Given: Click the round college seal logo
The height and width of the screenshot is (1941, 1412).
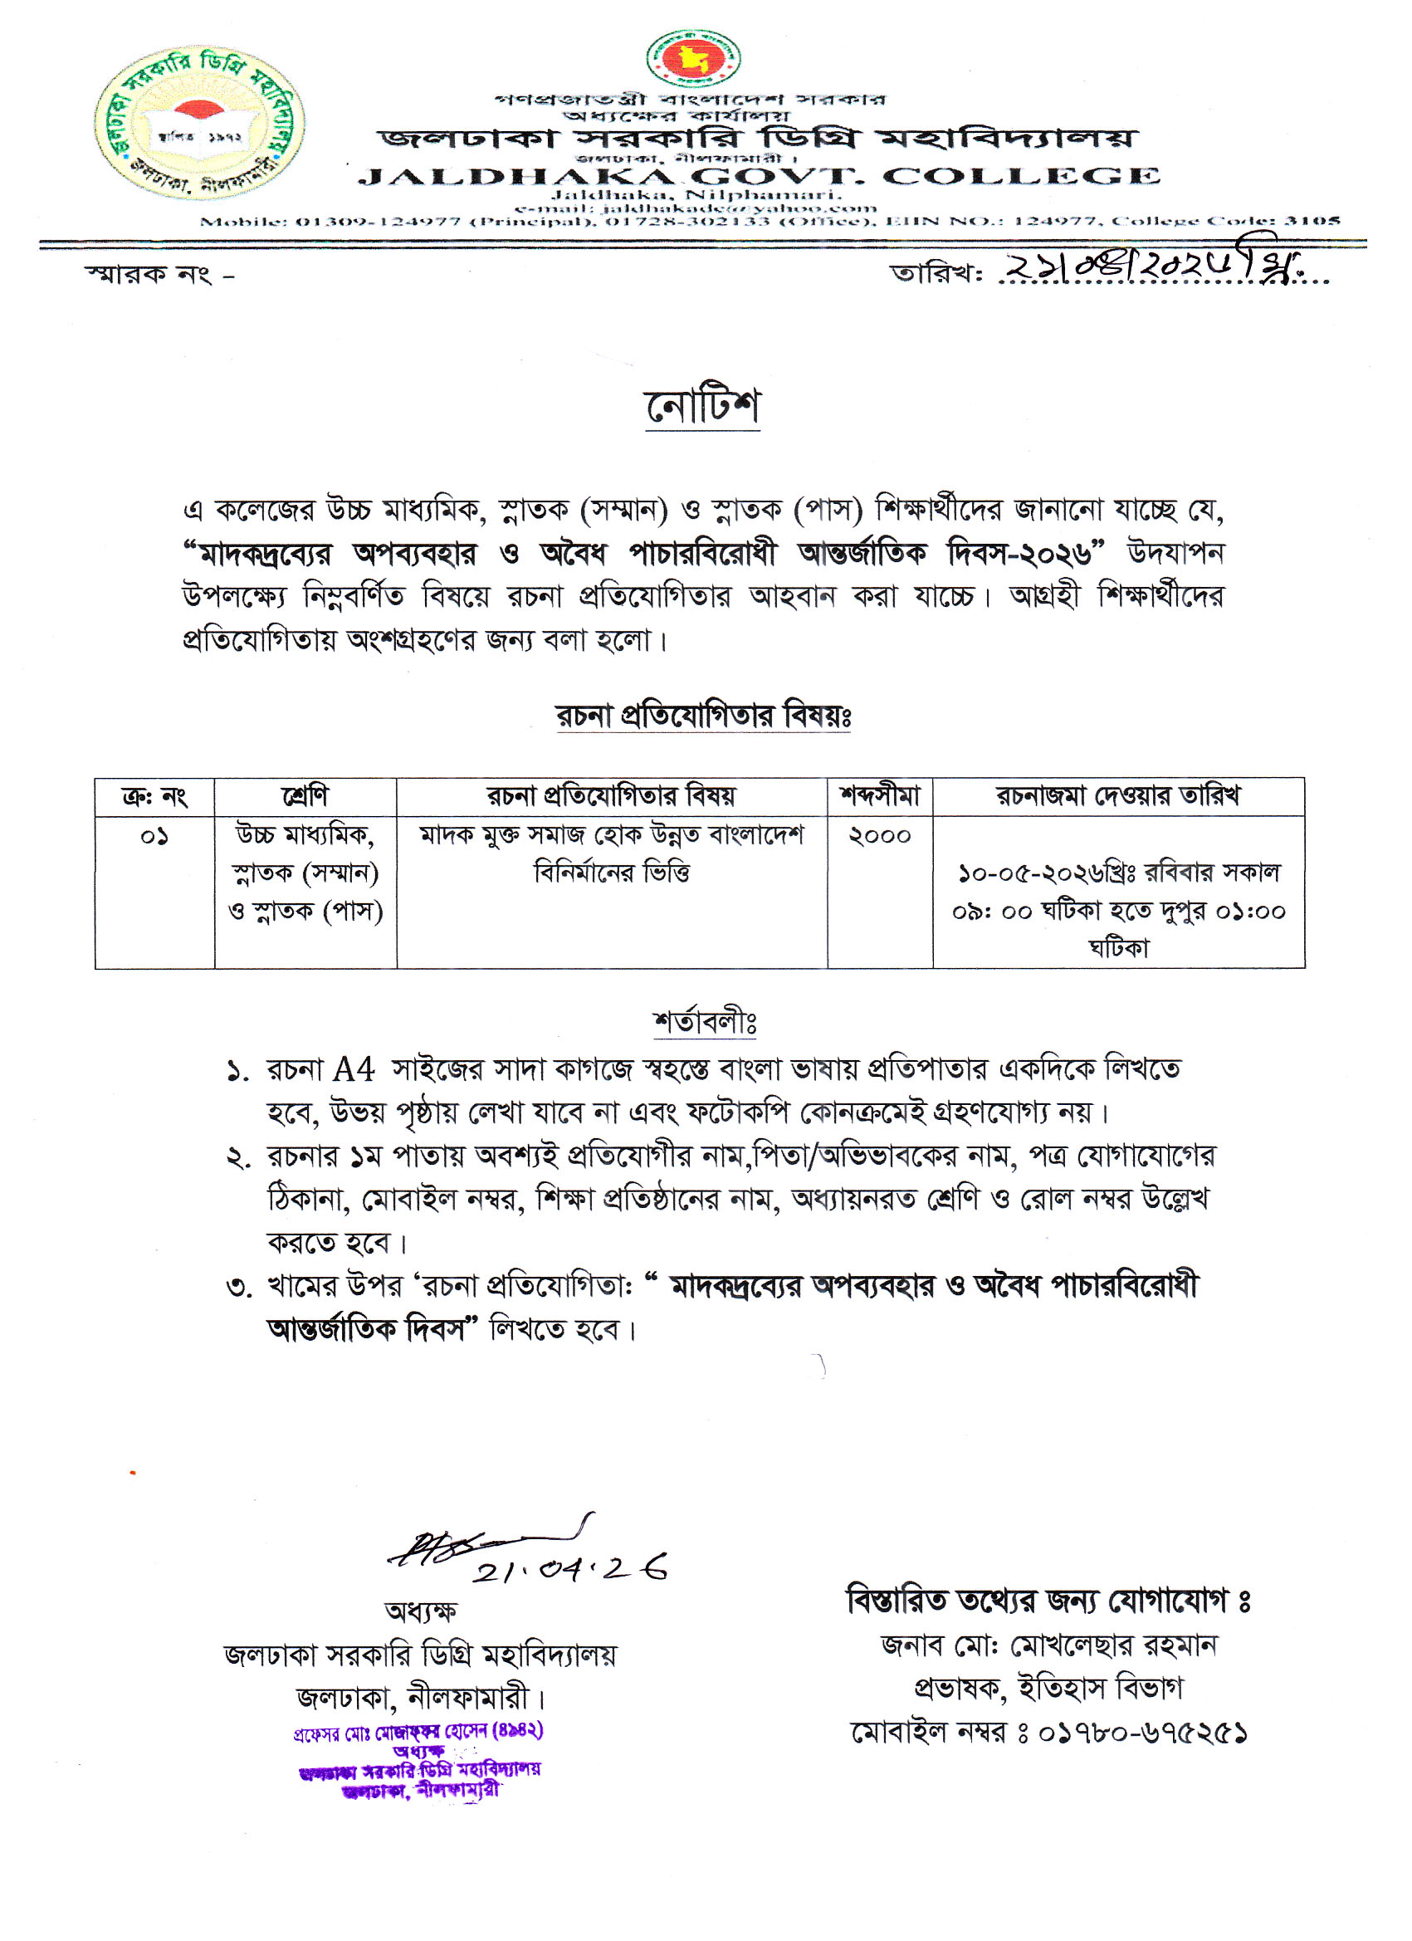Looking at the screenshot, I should pyautogui.click(x=198, y=122).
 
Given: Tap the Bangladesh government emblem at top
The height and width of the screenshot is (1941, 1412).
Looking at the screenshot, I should pyautogui.click(x=692, y=57).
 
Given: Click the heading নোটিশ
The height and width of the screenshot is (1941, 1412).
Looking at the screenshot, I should pyautogui.click(x=701, y=407).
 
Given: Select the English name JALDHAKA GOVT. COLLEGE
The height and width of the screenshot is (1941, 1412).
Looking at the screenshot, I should pyautogui.click(x=758, y=177).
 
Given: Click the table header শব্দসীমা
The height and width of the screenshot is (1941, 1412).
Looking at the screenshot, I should pyautogui.click(x=879, y=796).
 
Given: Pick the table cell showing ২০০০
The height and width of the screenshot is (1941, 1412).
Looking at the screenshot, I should pyautogui.click(x=879, y=836).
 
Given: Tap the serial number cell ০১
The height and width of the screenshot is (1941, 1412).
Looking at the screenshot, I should pyautogui.click(x=154, y=836).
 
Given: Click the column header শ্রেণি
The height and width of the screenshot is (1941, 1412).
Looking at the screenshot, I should pyautogui.click(x=305, y=796).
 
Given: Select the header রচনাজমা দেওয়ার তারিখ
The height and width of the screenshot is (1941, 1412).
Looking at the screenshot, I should pyautogui.click(x=1117, y=796).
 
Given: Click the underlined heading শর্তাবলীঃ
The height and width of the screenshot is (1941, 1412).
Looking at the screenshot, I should pyautogui.click(x=704, y=1022).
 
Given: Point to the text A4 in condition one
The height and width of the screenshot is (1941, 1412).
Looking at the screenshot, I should pyautogui.click(x=354, y=1070).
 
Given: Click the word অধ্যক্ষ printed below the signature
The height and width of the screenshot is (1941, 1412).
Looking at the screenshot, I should pyautogui.click(x=420, y=1611).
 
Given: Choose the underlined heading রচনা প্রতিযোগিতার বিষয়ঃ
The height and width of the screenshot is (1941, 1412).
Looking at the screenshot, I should pyautogui.click(x=702, y=716).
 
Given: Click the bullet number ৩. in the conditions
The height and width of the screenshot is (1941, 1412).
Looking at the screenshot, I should pyautogui.click(x=239, y=1286).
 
